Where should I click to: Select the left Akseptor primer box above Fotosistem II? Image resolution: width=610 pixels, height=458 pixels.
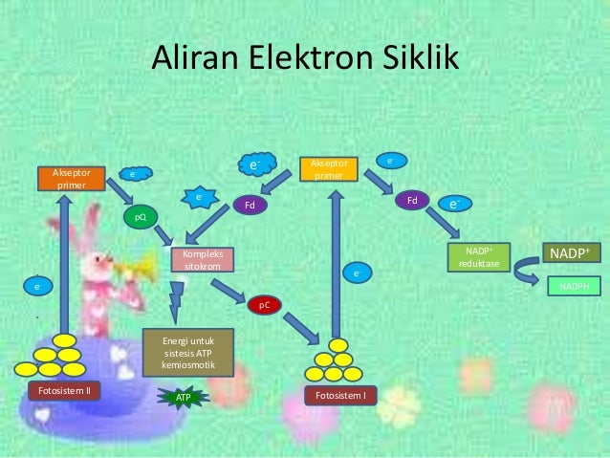pyautogui.click(x=70, y=178)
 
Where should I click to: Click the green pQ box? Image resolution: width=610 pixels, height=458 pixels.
pyautogui.click(x=140, y=218)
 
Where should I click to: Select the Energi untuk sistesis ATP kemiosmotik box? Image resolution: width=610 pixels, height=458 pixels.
pyautogui.click(x=187, y=353)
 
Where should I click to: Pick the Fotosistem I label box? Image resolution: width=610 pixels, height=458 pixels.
pyautogui.click(x=341, y=395)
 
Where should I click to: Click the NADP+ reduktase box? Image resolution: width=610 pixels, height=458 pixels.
pyautogui.click(x=478, y=257)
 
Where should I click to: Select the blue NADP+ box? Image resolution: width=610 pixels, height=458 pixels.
pyautogui.click(x=572, y=253)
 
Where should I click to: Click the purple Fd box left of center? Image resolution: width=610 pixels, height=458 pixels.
pyautogui.click(x=251, y=206)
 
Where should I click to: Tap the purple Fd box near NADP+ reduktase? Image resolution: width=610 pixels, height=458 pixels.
pyautogui.click(x=413, y=201)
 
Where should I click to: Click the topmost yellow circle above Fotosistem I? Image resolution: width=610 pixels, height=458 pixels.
pyautogui.click(x=336, y=345)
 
